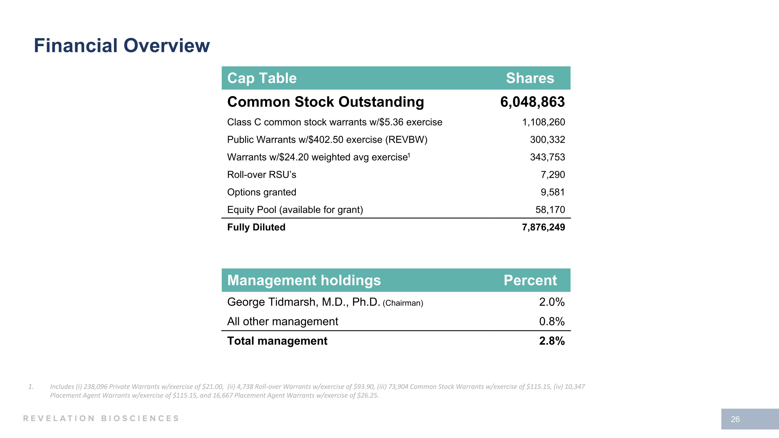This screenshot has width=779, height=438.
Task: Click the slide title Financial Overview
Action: (x=122, y=46)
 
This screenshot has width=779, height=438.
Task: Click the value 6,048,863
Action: (x=532, y=102)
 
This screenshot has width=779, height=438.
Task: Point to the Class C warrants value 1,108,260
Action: (x=543, y=122)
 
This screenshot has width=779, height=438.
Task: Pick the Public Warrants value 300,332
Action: (x=547, y=140)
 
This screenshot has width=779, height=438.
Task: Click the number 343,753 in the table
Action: (x=547, y=157)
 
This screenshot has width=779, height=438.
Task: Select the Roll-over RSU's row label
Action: (x=261, y=175)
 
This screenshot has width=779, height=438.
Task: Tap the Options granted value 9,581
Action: (x=553, y=192)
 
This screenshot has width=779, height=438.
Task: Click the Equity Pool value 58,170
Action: (x=550, y=210)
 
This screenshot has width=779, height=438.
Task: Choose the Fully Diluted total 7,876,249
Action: (x=543, y=227)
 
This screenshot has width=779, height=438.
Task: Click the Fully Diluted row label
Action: (x=256, y=227)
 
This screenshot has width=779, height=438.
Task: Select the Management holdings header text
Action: (x=304, y=280)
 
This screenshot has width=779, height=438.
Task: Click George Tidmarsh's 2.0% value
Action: (x=552, y=302)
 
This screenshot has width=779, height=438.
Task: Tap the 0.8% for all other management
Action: (x=552, y=321)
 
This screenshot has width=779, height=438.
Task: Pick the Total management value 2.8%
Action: (x=552, y=341)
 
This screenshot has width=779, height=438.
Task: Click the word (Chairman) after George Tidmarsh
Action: (x=403, y=303)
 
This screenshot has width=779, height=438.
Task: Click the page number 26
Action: (x=735, y=419)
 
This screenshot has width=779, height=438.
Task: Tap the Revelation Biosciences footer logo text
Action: (x=101, y=418)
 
